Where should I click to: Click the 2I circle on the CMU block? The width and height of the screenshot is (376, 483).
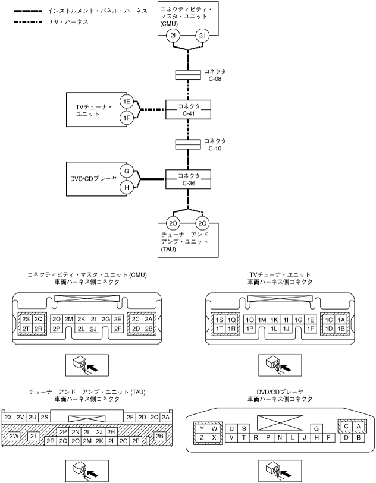point(173,36)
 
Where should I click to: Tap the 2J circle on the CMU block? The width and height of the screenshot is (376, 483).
point(202,36)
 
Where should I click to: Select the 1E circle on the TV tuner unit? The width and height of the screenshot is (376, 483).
point(127,102)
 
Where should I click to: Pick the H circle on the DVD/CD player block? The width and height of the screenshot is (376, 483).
point(127,187)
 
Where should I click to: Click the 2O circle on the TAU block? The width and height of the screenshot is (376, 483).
point(173,223)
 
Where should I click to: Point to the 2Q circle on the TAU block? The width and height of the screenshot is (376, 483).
point(202,223)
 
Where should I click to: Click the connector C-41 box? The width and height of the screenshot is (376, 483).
point(189,110)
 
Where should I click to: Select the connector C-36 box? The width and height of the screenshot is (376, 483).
point(189,179)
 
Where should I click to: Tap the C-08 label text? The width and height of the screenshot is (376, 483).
point(215,78)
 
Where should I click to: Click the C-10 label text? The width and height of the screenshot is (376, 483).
point(215,148)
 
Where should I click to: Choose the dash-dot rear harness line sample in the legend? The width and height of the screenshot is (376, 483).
point(28,22)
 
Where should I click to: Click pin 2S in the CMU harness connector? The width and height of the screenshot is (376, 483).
point(26,320)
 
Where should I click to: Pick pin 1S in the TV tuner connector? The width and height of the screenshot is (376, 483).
point(220,320)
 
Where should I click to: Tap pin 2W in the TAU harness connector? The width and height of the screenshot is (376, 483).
point(14,436)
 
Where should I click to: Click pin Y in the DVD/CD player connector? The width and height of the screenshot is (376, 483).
point(202,428)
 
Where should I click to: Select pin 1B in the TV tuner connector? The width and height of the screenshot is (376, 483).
point(341,329)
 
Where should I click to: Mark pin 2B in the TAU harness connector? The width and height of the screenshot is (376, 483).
point(159,436)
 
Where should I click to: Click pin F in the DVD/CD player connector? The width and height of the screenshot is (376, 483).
point(329,437)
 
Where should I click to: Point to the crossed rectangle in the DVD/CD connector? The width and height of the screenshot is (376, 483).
point(280,422)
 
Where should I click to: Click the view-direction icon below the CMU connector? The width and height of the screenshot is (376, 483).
point(87,365)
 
